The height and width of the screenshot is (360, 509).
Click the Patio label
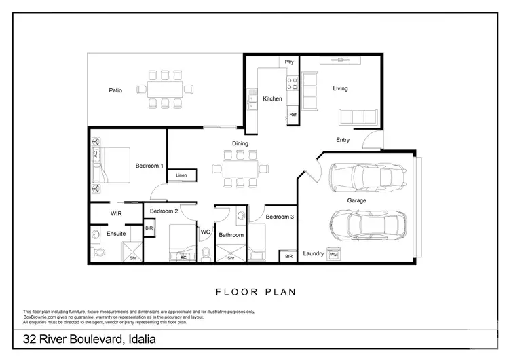coord(115,90)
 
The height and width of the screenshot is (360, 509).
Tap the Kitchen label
coord(272,99)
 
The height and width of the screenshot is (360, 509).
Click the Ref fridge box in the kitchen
coord(293,115)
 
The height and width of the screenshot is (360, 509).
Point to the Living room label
coord(340,88)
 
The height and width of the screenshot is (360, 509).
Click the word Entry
coord(343,140)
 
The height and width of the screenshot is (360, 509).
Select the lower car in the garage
coord(366,224)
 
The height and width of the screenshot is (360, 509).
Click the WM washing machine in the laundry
coord(342,255)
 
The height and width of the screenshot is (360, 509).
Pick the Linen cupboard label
coord(181,175)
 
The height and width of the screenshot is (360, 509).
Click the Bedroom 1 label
coord(149,166)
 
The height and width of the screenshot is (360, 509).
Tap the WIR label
coord(116,213)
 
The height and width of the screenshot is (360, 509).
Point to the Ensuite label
coord(116,234)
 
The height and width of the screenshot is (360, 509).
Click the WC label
coord(206,232)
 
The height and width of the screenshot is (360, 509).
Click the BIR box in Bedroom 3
coord(288,256)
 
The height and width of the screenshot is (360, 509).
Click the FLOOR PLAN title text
coord(255,293)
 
